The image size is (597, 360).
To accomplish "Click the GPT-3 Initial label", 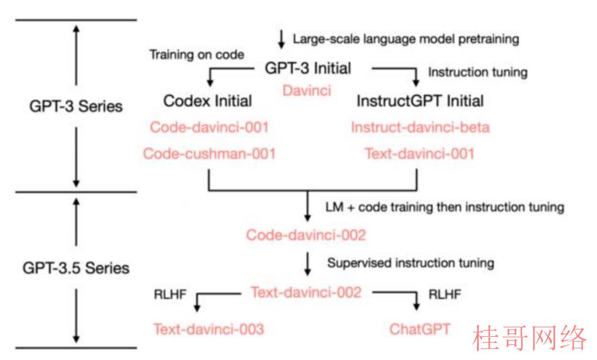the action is (x=308, y=69).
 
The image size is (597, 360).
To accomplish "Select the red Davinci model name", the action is (x=307, y=91).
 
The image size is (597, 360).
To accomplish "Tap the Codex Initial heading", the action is (x=207, y=101).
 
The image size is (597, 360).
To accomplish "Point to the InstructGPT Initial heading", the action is (x=420, y=101).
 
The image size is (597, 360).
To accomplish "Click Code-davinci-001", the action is (x=210, y=127).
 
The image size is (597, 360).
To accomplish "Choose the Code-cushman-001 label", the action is (x=210, y=154).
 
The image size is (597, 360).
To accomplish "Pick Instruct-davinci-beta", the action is (x=420, y=127).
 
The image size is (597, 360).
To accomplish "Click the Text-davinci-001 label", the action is (x=420, y=154).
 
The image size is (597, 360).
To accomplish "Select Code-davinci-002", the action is (x=306, y=235).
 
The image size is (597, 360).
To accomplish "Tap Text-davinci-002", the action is (x=306, y=293).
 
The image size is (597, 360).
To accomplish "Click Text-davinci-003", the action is (x=208, y=329).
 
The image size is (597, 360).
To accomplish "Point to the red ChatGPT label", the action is (x=420, y=329).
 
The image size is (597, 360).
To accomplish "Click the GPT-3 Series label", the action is (x=76, y=106).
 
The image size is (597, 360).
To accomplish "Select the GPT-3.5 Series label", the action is (x=76, y=268).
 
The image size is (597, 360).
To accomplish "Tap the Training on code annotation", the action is (x=196, y=55).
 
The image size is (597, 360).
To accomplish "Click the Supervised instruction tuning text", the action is (x=411, y=263).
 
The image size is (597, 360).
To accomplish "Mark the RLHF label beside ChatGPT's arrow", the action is (x=444, y=294).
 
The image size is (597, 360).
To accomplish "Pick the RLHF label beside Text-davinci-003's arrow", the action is (x=170, y=294).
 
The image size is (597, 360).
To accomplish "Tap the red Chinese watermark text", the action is (x=529, y=338).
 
